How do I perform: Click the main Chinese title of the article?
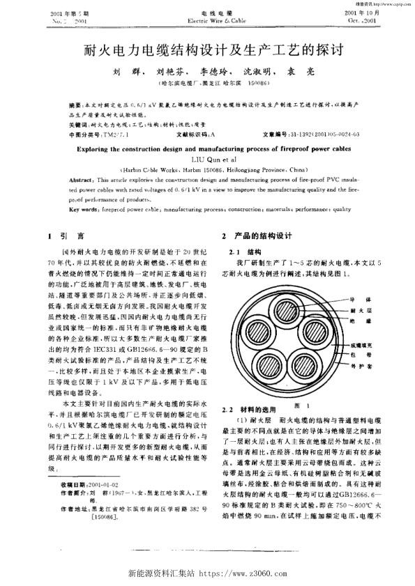[207, 51]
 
